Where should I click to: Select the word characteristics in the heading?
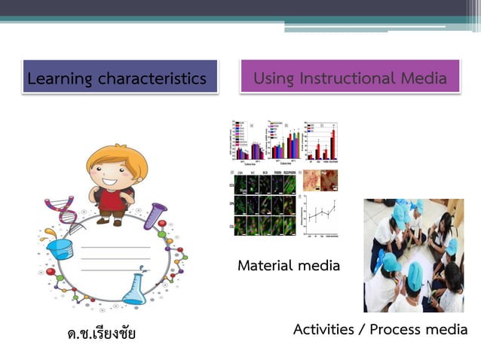coord(154,78)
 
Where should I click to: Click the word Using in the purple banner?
coord(274,78)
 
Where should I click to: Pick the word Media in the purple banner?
coord(423,78)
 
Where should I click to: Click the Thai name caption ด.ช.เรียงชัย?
coord(102,332)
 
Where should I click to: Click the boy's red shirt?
coord(114,201)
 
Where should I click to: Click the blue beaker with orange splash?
coord(60,249)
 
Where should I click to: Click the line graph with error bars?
coord(320,214)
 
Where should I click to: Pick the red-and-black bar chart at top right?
coord(319,141)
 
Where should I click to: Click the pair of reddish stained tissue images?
coord(320,180)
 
